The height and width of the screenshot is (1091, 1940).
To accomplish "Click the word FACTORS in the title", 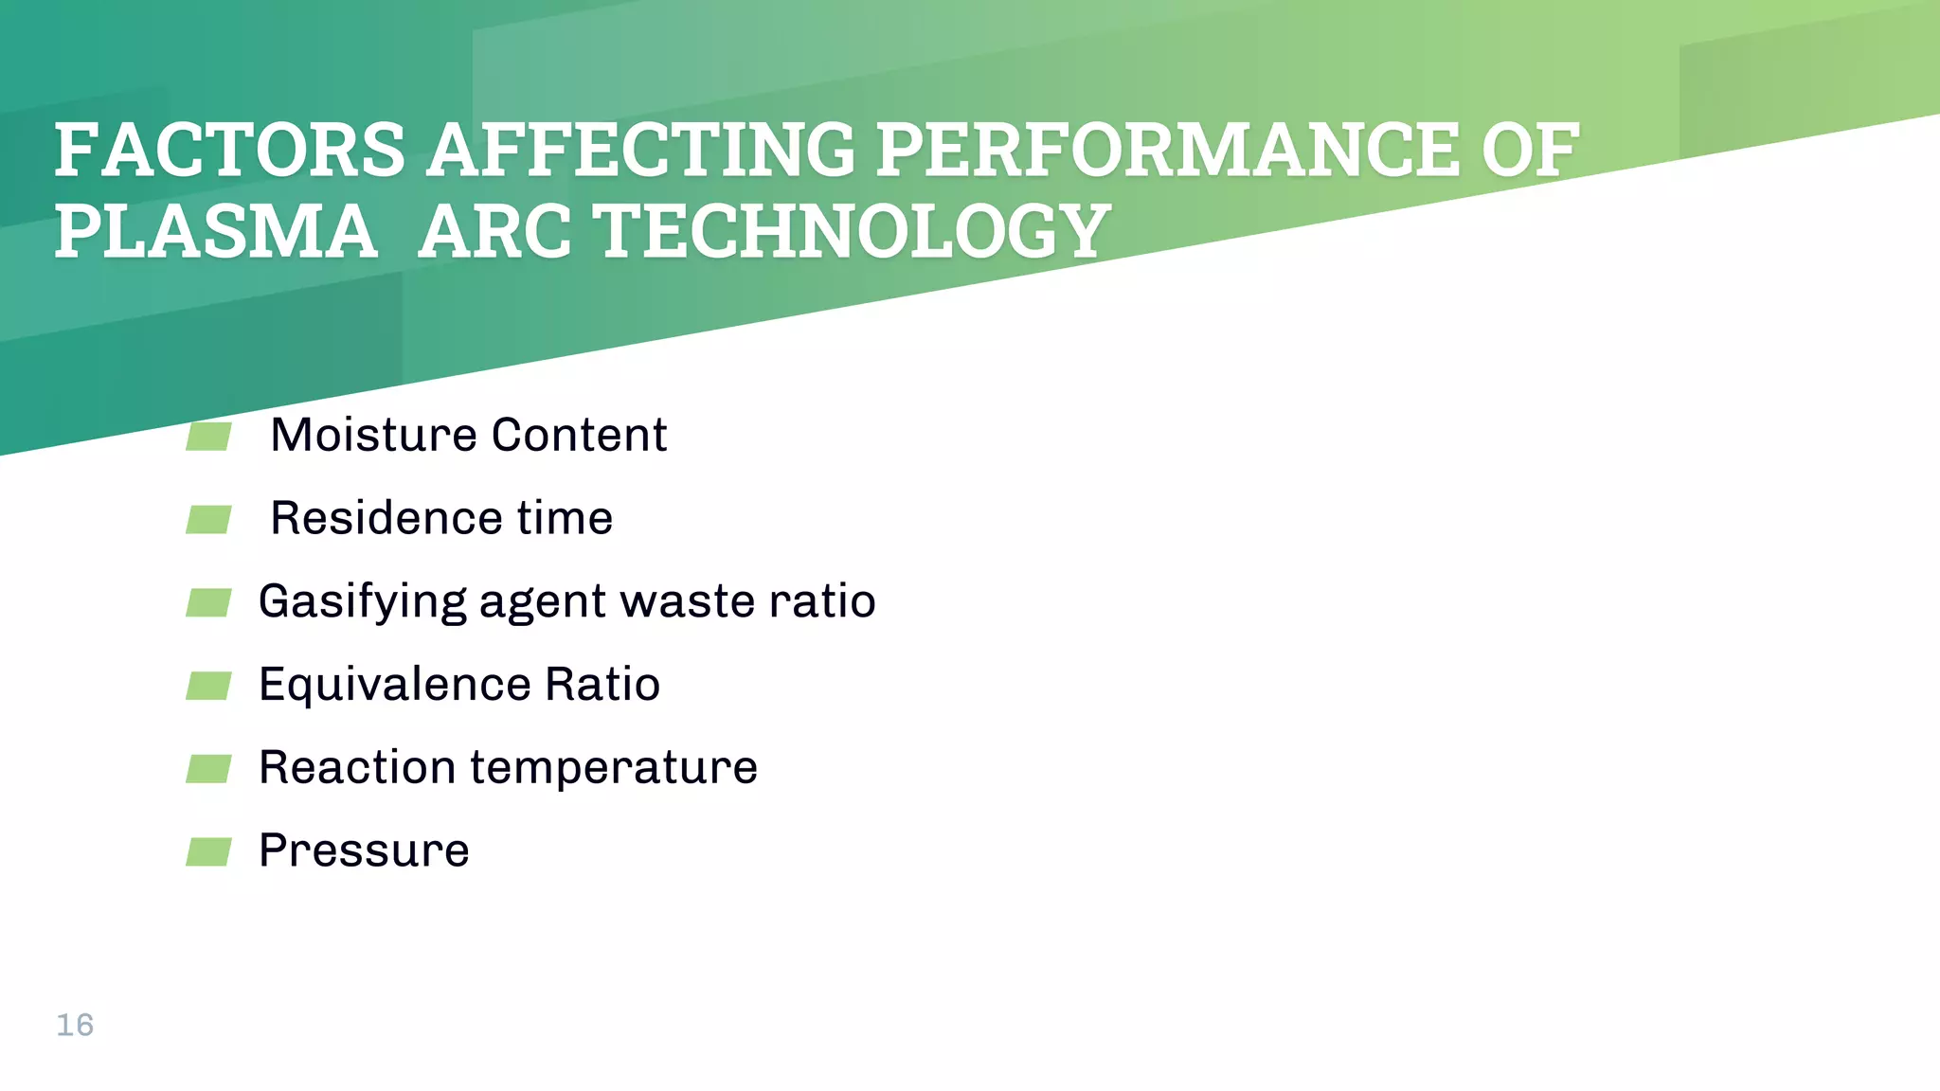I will click(x=230, y=151).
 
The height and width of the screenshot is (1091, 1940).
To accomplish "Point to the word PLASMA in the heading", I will click(x=216, y=232).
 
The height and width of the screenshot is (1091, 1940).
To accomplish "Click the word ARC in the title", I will click(x=494, y=232).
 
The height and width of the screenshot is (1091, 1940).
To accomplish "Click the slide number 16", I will click(x=75, y=1025).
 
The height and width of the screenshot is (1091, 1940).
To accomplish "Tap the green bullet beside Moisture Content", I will click(x=208, y=437).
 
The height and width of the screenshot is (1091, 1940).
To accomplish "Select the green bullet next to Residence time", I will click(x=208, y=519).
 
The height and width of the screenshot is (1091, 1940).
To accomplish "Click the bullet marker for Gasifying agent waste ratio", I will click(x=208, y=602).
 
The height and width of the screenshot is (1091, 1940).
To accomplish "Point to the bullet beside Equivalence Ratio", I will click(x=208, y=686).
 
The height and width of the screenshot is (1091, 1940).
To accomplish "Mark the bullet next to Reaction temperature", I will click(x=208, y=768).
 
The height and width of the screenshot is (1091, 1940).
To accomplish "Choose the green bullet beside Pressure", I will click(x=208, y=851).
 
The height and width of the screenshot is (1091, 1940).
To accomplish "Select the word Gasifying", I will click(x=362, y=602).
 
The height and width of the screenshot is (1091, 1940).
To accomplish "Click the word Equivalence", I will click(x=394, y=685).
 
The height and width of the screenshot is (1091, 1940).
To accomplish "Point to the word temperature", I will click(x=614, y=768).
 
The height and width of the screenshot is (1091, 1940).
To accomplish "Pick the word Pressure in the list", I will click(x=364, y=850).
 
